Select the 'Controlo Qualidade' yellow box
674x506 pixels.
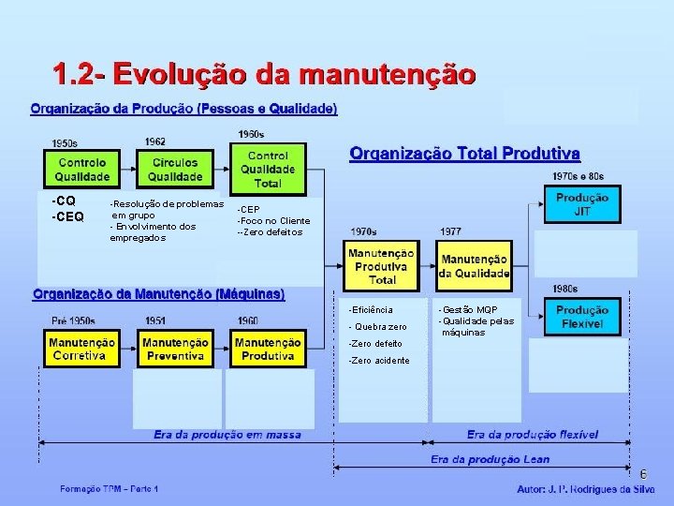click(81, 170)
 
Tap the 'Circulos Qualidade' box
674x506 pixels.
click(175, 170)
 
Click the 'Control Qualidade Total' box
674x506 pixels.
click(268, 169)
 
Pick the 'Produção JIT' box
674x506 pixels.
click(581, 204)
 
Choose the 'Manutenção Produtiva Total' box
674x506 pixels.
click(382, 266)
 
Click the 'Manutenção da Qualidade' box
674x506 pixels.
click(475, 266)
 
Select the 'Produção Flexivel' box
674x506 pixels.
click(581, 318)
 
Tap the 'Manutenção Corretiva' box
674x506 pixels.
click(83, 350)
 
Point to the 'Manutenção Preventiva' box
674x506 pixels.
click(175, 350)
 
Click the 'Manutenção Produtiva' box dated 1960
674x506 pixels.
click(268, 350)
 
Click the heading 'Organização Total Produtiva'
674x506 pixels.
click(464, 153)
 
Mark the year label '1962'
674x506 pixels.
click(156, 141)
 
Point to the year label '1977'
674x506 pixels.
click(450, 231)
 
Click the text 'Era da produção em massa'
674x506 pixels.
click(227, 435)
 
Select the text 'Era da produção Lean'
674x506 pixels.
click(490, 459)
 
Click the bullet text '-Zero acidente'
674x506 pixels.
click(378, 360)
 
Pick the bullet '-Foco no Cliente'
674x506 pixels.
click(273, 220)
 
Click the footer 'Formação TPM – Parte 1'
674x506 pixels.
click(110, 489)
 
